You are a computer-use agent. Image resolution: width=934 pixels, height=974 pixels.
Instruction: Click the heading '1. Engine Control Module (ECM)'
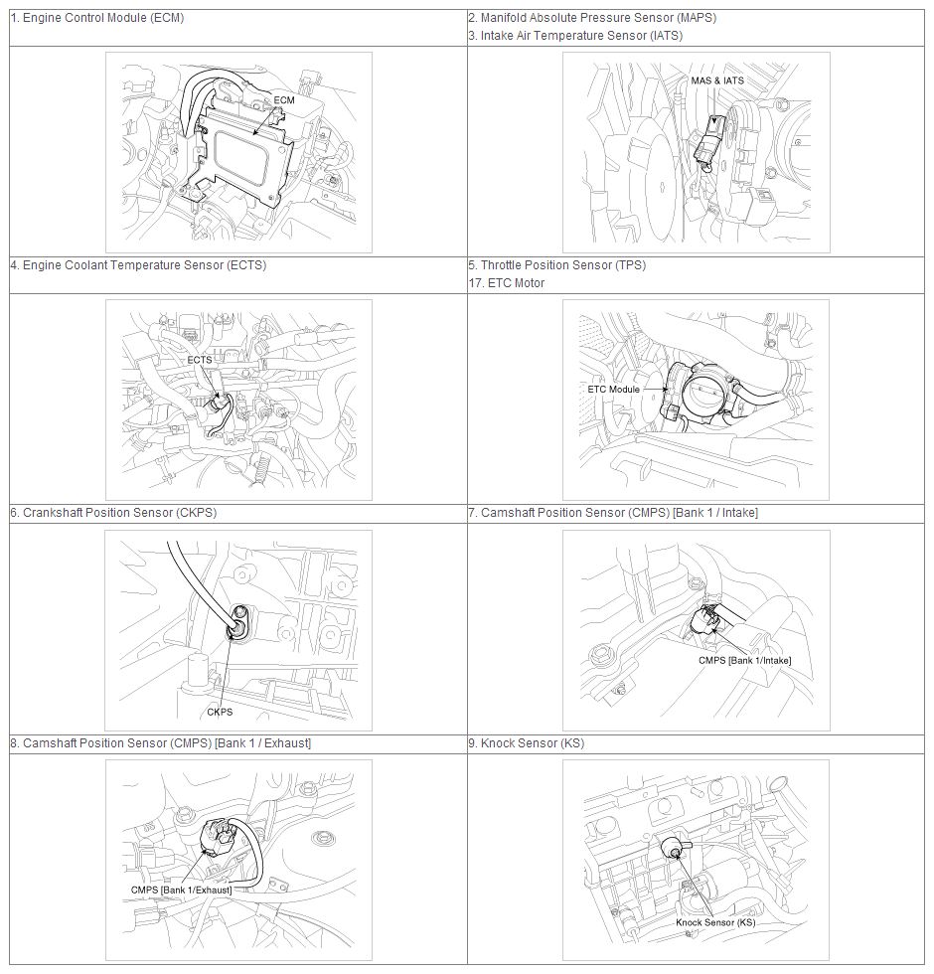pos(97,18)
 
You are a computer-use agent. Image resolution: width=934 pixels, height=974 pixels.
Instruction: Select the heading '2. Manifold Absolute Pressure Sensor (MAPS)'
pos(592,18)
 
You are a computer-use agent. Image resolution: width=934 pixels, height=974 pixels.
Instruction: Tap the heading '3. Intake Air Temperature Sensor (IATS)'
pos(575,36)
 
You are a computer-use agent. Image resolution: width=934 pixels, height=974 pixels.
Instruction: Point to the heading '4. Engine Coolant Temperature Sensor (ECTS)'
pos(138,265)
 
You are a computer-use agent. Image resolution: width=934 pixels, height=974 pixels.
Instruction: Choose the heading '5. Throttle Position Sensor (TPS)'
pos(557,265)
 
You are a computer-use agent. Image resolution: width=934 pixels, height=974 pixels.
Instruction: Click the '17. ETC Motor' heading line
pos(507,283)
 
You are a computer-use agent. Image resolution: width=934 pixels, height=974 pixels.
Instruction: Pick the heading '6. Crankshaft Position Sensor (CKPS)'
pos(113,513)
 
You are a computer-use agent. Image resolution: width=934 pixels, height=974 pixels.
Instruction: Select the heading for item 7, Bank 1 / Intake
pos(614,513)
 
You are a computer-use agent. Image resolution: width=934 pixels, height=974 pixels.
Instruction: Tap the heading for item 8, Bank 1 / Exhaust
pos(161,743)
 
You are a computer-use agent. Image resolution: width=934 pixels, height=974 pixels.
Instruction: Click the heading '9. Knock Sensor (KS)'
pos(527,743)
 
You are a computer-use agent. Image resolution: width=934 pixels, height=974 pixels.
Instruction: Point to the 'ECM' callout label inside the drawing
pos(284,100)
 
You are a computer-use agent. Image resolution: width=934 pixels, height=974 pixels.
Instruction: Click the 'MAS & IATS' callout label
pos(717,81)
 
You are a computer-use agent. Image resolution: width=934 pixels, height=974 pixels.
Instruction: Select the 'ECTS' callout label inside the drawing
pos(200,360)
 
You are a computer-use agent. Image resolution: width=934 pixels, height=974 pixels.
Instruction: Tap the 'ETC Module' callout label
pos(614,390)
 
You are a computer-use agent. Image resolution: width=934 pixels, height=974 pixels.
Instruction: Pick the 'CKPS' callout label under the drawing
pos(220,712)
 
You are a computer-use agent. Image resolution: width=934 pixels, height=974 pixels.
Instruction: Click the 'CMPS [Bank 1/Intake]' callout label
pos(744,660)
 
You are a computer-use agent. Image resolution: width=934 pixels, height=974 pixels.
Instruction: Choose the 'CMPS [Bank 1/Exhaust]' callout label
pos(181,891)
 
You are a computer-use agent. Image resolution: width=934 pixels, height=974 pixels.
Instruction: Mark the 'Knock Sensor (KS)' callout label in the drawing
pos(715,922)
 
